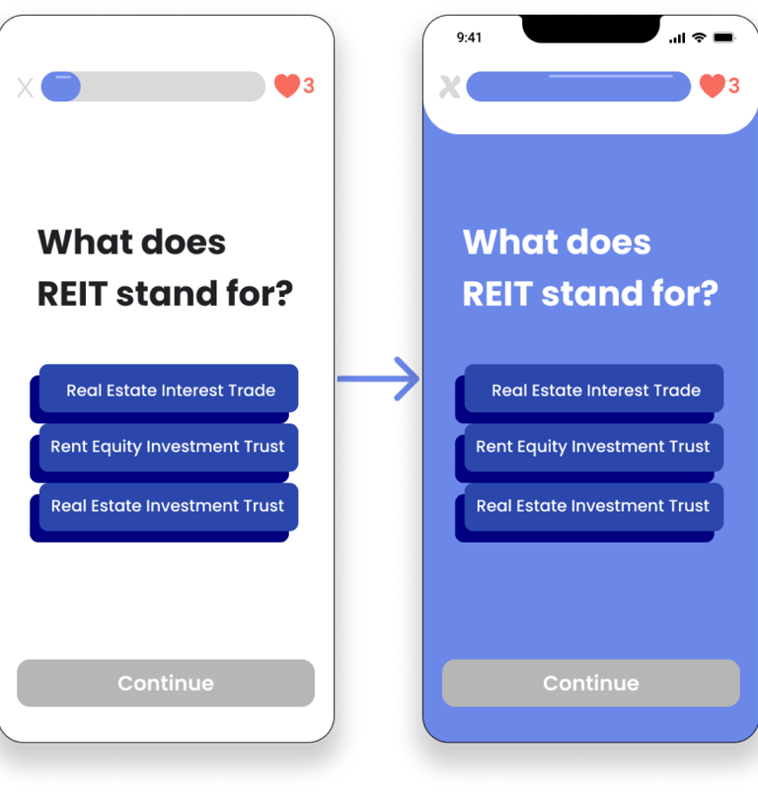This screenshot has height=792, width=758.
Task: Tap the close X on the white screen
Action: [x=26, y=88]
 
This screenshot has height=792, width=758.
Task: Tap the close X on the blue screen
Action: [x=449, y=87]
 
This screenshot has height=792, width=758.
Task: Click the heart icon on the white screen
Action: [x=287, y=86]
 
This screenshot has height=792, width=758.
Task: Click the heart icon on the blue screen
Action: [x=712, y=86]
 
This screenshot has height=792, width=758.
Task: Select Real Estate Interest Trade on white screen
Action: [x=169, y=390]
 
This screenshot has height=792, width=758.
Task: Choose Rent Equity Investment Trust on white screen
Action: [x=168, y=447]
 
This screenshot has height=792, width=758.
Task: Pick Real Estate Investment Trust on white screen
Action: [x=168, y=506]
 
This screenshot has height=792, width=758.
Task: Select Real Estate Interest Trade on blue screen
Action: [x=594, y=390]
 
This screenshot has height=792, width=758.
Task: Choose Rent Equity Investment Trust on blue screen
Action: [x=593, y=447]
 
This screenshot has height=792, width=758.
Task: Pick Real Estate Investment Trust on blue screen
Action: [x=593, y=506]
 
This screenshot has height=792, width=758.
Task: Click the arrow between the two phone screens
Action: [x=380, y=379]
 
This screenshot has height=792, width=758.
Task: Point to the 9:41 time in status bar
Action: [x=469, y=37]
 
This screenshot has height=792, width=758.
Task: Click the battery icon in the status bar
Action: [x=723, y=37]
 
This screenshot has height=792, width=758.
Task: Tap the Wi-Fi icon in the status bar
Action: [x=699, y=37]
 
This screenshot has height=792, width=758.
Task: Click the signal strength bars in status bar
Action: [x=677, y=38]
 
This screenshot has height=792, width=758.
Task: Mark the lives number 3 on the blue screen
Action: [x=733, y=86]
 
